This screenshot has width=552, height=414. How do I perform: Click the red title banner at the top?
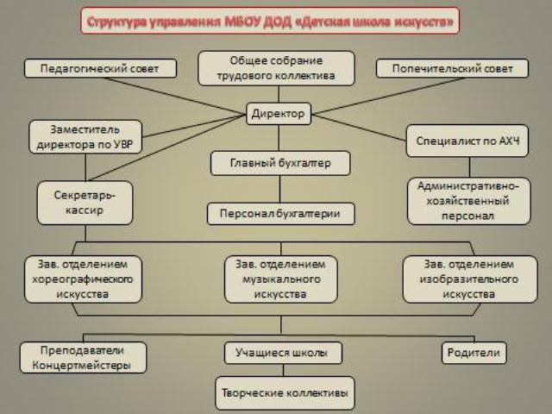pyautogui.click(x=271, y=21)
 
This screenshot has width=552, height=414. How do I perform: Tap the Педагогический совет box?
pyautogui.click(x=101, y=68)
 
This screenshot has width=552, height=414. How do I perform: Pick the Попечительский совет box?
pyautogui.click(x=452, y=68)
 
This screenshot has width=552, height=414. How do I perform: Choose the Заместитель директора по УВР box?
pyautogui.click(x=85, y=136)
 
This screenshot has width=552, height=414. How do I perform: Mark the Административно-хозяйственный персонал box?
pyautogui.click(x=467, y=201)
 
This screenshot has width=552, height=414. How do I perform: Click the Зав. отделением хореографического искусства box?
pyautogui.click(x=84, y=279)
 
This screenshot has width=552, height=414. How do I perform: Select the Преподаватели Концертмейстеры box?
pyautogui.click(x=84, y=358)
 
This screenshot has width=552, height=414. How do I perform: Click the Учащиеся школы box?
pyautogui.click(x=283, y=353)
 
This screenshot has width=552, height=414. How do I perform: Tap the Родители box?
pyautogui.click(x=474, y=353)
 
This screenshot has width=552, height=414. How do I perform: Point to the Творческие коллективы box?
pyautogui.click(x=284, y=393)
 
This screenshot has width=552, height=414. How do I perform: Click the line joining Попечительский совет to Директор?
pyautogui.click(x=379, y=95)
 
